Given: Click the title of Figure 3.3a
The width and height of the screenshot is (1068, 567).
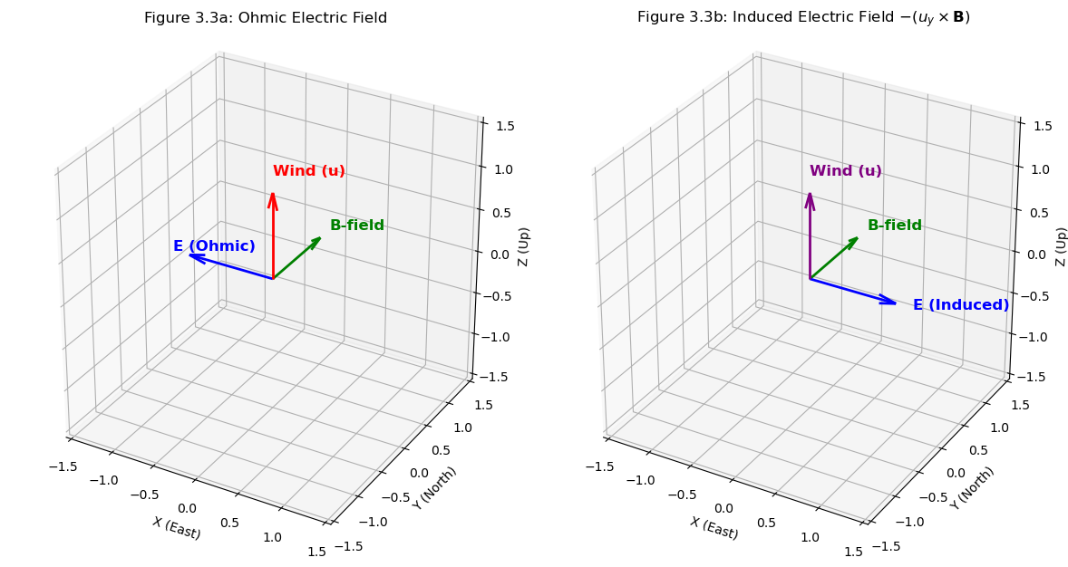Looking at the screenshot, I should [x=266, y=18].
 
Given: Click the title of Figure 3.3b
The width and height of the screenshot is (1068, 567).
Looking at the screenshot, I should [x=803, y=18].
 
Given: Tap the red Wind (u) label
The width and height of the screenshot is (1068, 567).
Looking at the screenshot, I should [x=308, y=171].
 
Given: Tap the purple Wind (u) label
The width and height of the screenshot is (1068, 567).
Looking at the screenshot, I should [x=845, y=171].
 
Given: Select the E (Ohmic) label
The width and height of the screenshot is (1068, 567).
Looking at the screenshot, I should [x=214, y=246].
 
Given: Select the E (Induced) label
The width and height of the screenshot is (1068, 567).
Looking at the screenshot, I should [x=960, y=305].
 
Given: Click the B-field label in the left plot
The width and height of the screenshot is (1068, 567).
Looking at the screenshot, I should [x=357, y=226].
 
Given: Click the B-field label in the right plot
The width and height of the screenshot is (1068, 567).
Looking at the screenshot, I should [x=894, y=226].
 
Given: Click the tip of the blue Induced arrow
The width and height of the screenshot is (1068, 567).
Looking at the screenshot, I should [x=894, y=303].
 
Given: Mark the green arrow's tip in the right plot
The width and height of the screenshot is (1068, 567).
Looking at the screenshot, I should [x=856, y=238].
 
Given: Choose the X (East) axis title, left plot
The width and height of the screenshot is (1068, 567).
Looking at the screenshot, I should [x=177, y=528].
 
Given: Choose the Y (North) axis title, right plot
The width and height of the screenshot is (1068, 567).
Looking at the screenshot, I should [x=972, y=487].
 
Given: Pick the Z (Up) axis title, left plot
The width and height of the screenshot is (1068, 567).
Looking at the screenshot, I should [x=523, y=246].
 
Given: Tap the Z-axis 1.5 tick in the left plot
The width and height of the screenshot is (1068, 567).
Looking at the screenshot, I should [x=499, y=126].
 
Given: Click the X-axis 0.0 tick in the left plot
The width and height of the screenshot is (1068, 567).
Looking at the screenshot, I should [x=188, y=509].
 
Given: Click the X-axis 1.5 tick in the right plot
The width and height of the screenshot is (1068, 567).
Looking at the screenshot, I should [x=853, y=552].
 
